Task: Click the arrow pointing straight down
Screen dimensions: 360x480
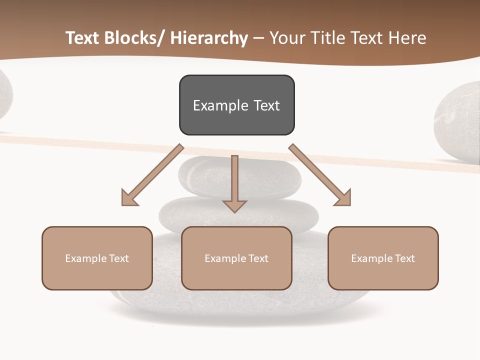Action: point(234,185)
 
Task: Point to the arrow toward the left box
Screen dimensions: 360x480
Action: point(150,176)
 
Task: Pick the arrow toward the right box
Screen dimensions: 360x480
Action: point(321,176)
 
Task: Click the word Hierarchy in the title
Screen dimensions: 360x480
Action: point(209,38)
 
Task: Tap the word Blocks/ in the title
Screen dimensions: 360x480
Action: point(133,38)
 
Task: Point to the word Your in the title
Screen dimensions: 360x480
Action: point(287,38)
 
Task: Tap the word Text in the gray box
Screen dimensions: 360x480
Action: point(266,105)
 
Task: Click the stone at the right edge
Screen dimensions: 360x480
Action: point(457,122)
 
